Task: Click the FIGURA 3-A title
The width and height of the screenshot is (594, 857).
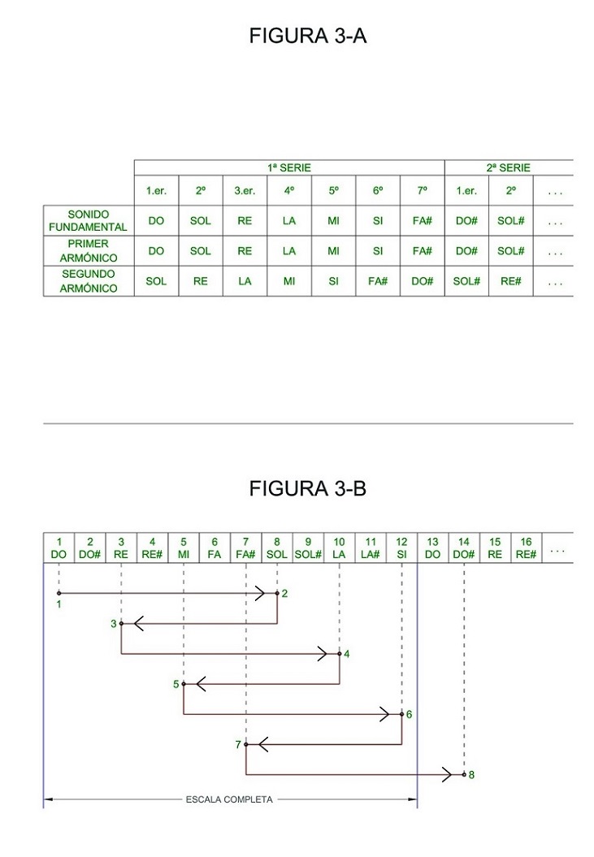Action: point(308,37)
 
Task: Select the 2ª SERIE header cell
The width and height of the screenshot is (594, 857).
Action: point(509,167)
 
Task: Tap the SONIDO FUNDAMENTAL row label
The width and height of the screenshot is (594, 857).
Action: point(89,221)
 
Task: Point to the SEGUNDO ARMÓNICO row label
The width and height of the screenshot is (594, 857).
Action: point(89,281)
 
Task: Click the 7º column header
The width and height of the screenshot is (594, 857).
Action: point(422,191)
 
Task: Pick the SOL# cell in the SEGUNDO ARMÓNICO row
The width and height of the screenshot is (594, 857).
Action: point(466,281)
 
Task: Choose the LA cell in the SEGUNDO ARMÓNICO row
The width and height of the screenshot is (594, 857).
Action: point(245,281)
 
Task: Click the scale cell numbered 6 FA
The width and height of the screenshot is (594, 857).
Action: point(215,548)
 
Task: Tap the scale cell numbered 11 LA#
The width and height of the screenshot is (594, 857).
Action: point(371,548)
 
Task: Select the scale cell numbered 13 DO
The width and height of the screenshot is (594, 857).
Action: point(432,548)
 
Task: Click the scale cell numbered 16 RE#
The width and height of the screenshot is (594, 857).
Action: point(526,548)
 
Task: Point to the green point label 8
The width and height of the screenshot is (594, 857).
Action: point(471,775)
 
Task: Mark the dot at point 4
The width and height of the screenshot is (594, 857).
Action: point(340,654)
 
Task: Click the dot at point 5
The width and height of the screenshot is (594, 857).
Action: point(184,684)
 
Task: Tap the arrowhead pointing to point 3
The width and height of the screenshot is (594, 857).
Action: point(138,624)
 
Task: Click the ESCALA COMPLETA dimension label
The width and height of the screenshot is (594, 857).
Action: point(230,799)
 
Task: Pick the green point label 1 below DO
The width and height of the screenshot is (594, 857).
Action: point(59,604)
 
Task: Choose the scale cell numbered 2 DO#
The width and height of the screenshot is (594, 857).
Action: point(90,548)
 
